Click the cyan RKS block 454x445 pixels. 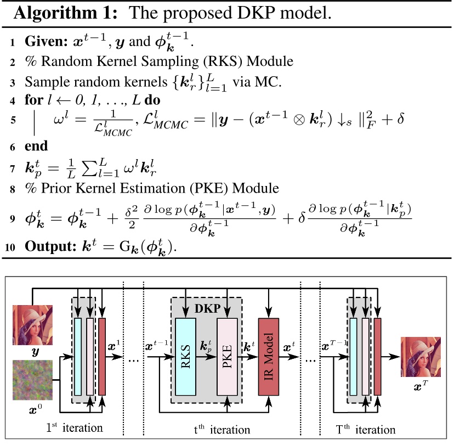click(x=189, y=356)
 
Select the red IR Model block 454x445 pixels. click(x=273, y=356)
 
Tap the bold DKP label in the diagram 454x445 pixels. click(x=207, y=308)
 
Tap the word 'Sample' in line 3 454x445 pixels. click(x=42, y=82)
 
